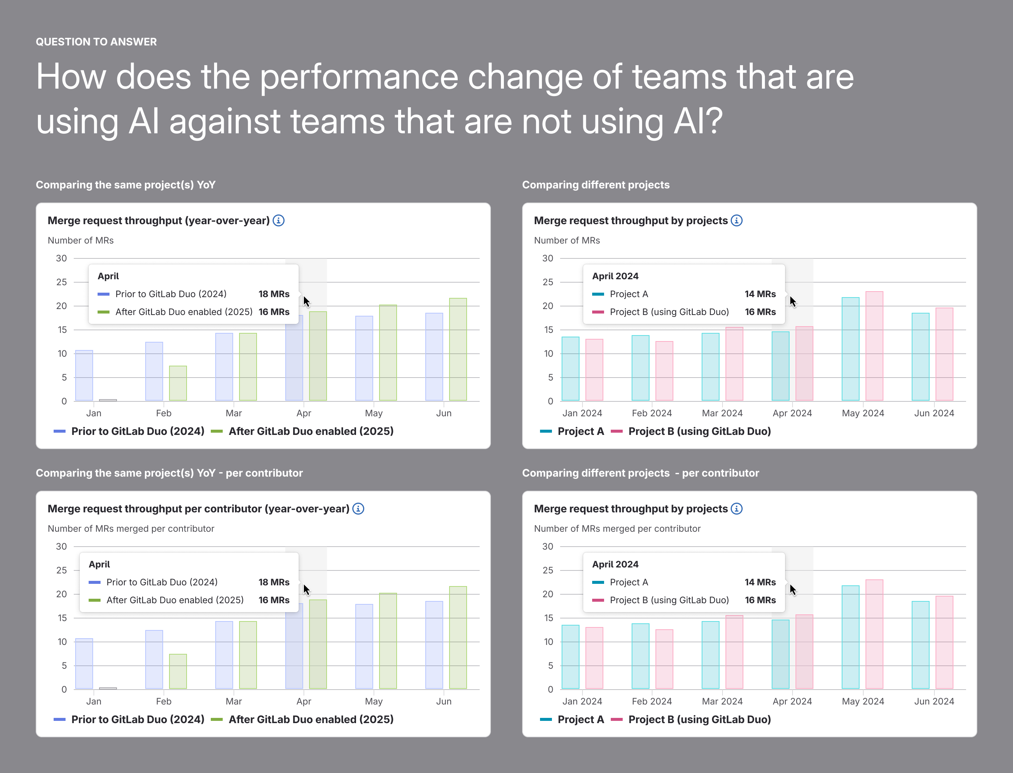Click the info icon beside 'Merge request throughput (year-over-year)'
(x=279, y=220)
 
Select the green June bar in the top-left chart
(x=458, y=349)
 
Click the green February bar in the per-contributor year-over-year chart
(x=178, y=671)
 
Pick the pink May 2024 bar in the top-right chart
(x=874, y=346)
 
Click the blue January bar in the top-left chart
(x=84, y=375)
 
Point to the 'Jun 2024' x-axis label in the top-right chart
(x=934, y=413)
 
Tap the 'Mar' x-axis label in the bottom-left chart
(x=234, y=701)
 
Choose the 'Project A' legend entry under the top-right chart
(x=572, y=431)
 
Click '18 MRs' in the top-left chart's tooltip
(x=274, y=294)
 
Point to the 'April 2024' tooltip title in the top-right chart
(x=615, y=276)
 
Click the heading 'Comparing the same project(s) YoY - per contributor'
(x=169, y=473)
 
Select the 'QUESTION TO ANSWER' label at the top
(x=96, y=42)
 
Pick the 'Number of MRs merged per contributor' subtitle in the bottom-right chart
(x=617, y=529)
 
